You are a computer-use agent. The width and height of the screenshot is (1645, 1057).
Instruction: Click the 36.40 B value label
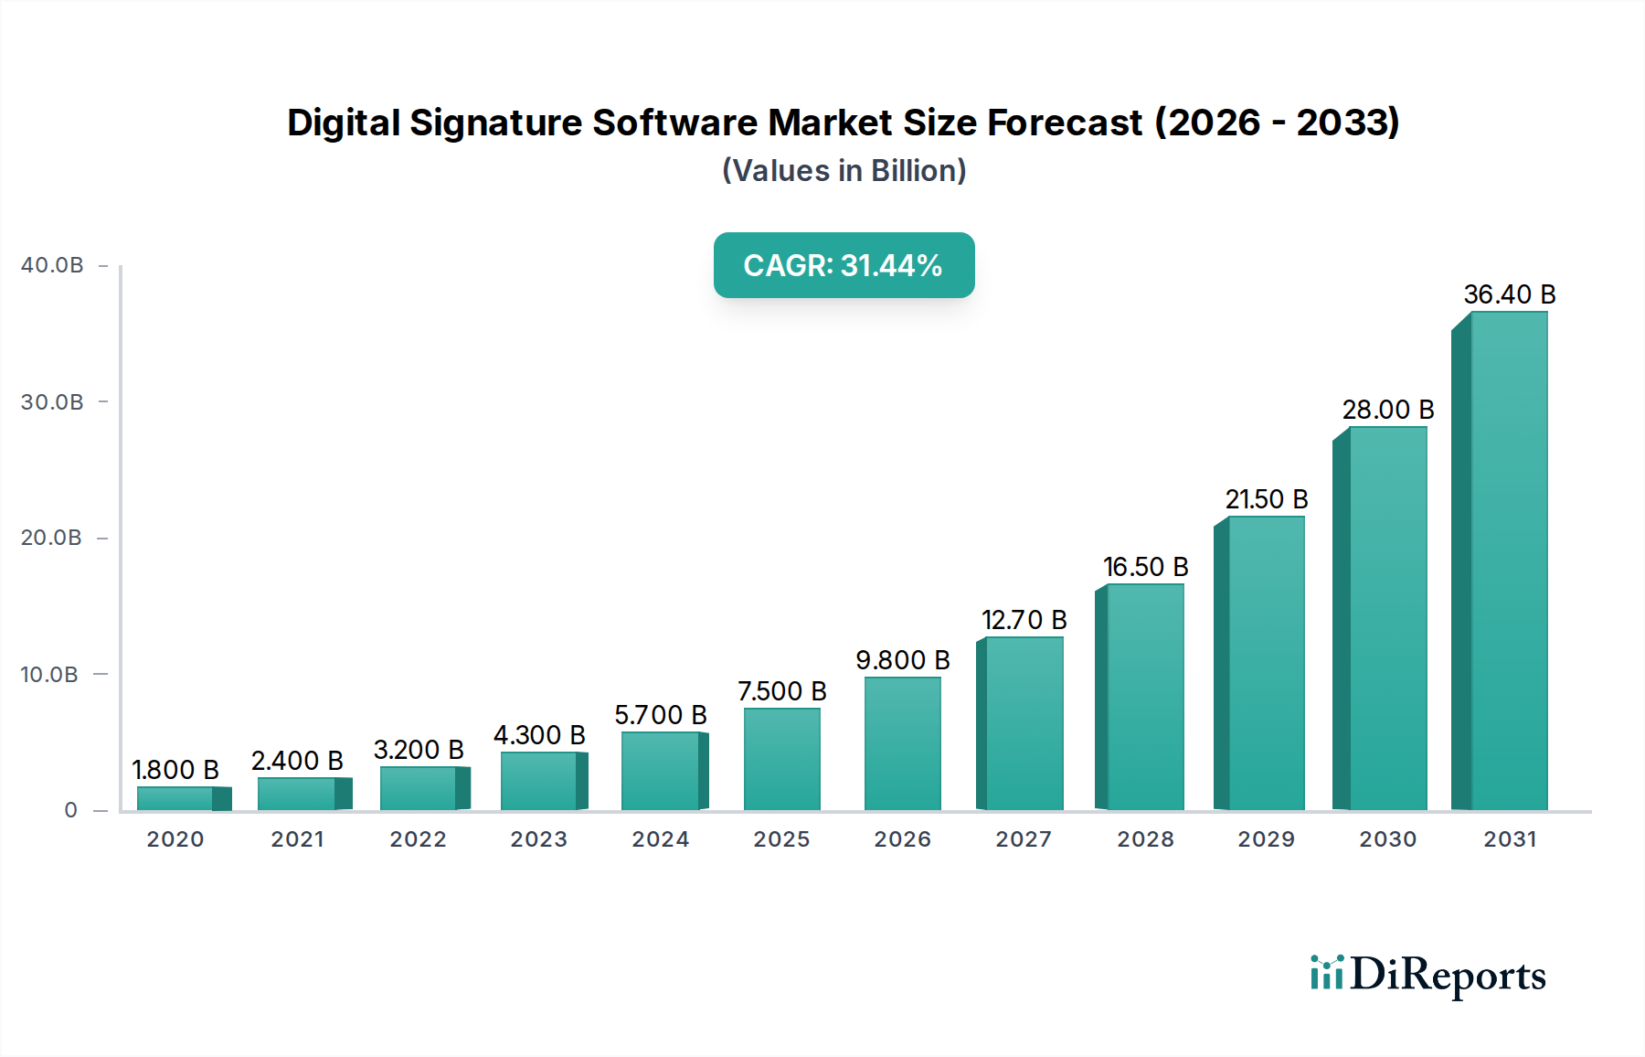coord(1509,294)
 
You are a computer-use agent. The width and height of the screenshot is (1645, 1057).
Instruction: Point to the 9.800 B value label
coord(902,660)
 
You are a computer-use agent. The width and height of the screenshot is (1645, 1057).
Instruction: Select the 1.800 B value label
coord(175,770)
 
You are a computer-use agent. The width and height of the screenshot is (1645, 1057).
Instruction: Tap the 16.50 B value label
coord(1145,567)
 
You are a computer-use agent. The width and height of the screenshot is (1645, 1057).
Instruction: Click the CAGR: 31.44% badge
coord(844,265)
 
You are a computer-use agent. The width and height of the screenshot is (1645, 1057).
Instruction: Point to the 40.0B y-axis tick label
coord(52,265)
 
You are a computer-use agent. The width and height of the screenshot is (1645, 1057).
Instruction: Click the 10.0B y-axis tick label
coord(49,675)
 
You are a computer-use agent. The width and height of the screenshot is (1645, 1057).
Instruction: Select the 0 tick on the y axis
coord(70,810)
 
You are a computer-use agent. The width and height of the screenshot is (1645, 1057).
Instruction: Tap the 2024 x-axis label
coord(660,839)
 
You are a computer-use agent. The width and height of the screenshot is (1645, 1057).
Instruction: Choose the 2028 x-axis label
coord(1145,839)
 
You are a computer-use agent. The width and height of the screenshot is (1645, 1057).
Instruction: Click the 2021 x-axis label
coord(297,839)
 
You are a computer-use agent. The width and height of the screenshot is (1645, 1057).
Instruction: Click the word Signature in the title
coord(495,123)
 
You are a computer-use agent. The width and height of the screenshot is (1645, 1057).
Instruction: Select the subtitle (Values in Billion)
coord(844,171)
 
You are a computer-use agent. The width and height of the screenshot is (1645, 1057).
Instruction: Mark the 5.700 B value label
coord(660,715)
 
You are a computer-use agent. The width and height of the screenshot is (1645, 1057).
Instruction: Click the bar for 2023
coord(539,781)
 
